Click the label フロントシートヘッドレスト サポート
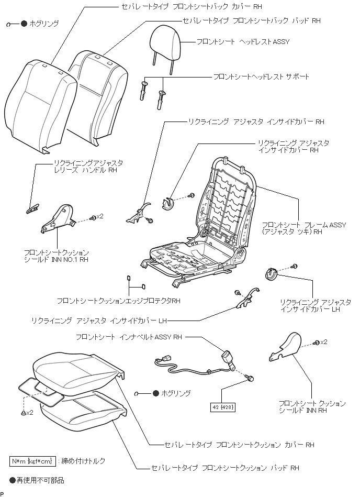[261, 77]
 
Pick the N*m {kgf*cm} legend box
[32, 461]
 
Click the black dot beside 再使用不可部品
[13, 479]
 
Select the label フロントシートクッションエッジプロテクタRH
[119, 301]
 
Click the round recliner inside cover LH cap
[272, 273]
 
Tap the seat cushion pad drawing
[84, 411]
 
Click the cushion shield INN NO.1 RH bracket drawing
[59, 218]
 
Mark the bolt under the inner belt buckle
[250, 378]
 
